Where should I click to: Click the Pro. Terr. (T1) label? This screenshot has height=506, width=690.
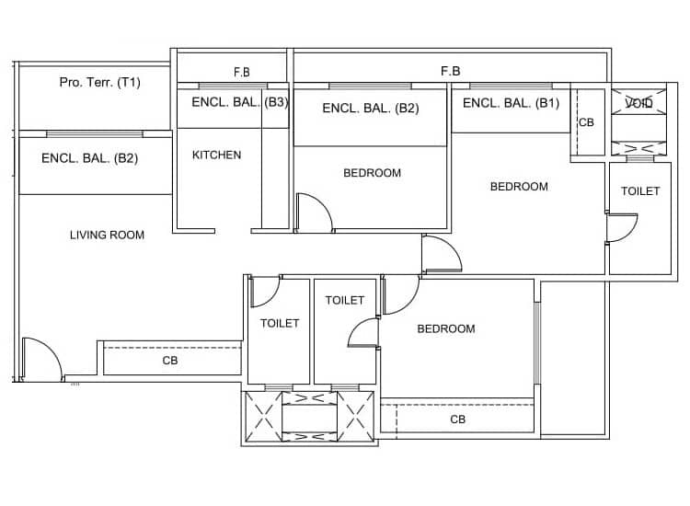tap(99, 83)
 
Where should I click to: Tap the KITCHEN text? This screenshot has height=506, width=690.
tap(216, 155)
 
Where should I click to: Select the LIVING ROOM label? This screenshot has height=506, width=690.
tap(107, 235)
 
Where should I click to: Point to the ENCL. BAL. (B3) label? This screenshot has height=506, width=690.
tap(239, 103)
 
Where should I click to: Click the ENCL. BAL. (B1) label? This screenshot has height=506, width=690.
tap(510, 103)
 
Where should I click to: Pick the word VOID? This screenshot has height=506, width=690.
tap(638, 103)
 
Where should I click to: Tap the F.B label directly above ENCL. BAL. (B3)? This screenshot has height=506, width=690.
tap(242, 72)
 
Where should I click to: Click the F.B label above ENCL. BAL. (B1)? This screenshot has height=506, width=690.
tap(450, 70)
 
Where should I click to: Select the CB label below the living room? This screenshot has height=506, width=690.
tap(170, 361)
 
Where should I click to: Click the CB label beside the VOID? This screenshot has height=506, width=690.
tap(586, 122)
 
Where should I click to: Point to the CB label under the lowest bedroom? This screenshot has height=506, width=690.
tap(457, 419)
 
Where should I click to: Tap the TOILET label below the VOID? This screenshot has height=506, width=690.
tap(639, 191)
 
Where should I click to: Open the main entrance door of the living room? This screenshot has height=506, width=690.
tap(40, 359)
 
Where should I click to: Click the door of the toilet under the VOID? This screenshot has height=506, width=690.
tap(622, 227)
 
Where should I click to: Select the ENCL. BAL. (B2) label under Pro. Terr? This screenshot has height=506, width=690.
tap(89, 158)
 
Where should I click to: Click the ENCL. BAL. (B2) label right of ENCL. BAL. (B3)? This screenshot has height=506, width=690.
tap(370, 109)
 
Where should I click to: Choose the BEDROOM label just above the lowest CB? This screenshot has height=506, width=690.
tap(445, 328)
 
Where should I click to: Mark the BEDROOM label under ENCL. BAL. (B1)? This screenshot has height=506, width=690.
tap(518, 187)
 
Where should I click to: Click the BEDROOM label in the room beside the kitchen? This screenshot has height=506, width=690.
tap(372, 173)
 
